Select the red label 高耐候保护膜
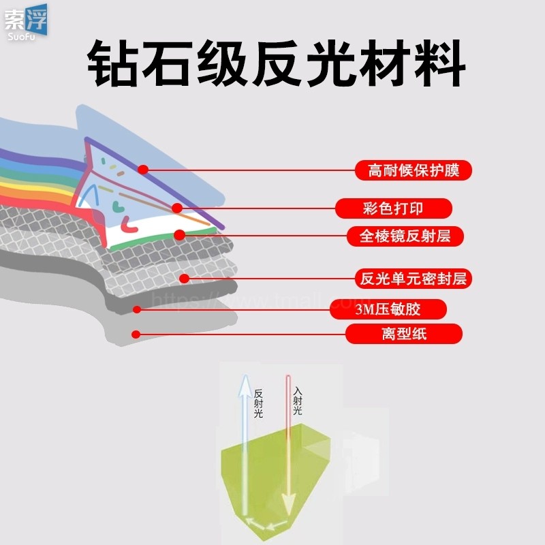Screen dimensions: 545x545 click(x=414, y=170)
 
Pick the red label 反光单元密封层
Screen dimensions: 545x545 click(x=414, y=278)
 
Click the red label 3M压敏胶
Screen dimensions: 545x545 click(x=387, y=309)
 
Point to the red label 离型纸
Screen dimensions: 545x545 click(x=404, y=334)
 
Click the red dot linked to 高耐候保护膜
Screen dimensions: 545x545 click(x=143, y=170)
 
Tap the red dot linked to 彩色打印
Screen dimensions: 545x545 click(x=177, y=208)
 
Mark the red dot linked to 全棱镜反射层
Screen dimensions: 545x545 click(x=179, y=236)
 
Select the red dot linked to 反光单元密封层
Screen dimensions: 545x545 click(x=185, y=278)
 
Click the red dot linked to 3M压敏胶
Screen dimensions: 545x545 click(x=137, y=309)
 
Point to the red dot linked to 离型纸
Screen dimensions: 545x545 click(x=136, y=334)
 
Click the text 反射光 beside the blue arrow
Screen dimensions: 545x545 click(x=258, y=403)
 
